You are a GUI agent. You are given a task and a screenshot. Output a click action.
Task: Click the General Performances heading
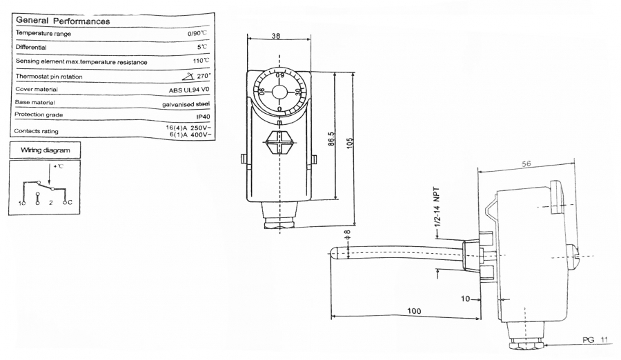tap(63, 21)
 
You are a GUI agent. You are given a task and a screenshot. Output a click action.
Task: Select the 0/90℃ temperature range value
tap(197, 33)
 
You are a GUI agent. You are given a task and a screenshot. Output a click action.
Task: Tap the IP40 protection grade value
tap(203, 117)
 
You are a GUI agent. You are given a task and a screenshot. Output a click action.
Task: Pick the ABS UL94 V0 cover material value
tap(189, 90)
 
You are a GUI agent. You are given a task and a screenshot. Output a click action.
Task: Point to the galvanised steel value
tap(186, 104)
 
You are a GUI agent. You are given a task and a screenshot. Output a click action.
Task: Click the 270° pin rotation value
tap(197, 76)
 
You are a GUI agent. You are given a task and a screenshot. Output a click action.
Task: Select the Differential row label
tap(31, 47)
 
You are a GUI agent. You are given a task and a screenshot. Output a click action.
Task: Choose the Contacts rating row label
tap(36, 131)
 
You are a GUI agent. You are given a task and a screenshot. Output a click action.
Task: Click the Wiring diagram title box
tap(45, 150)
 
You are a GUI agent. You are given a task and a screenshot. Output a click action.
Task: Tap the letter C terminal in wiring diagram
tap(70, 202)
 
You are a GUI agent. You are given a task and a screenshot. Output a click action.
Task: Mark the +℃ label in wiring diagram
tap(58, 166)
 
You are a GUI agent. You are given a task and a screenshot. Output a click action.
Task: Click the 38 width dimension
tap(276, 36)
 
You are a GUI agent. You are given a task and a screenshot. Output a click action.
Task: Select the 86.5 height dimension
tap(331, 139)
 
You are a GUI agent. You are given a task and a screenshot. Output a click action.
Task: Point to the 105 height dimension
tap(350, 143)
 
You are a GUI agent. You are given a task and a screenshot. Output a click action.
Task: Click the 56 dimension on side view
tap(526, 163)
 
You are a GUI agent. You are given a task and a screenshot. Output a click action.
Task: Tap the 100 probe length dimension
tap(414, 311)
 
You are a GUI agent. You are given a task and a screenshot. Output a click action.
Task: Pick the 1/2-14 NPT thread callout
tap(437, 207)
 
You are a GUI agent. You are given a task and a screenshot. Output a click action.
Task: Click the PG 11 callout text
tap(595, 340)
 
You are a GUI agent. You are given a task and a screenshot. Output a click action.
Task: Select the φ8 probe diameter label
tap(348, 234)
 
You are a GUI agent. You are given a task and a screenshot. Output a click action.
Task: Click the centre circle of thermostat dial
tap(279, 92)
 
